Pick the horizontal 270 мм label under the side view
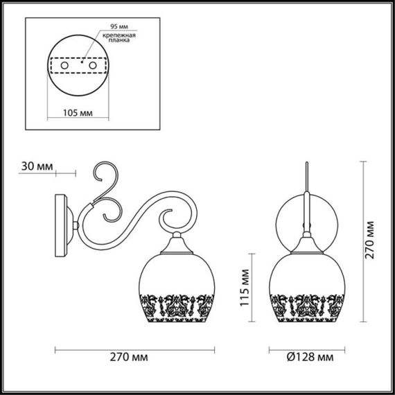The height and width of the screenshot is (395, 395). pyautogui.click(x=131, y=358)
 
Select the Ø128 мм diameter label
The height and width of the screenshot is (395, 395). pyautogui.click(x=308, y=358)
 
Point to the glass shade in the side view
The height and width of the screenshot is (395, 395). pyautogui.click(x=179, y=277)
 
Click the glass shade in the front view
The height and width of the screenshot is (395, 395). pyautogui.click(x=306, y=277)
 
